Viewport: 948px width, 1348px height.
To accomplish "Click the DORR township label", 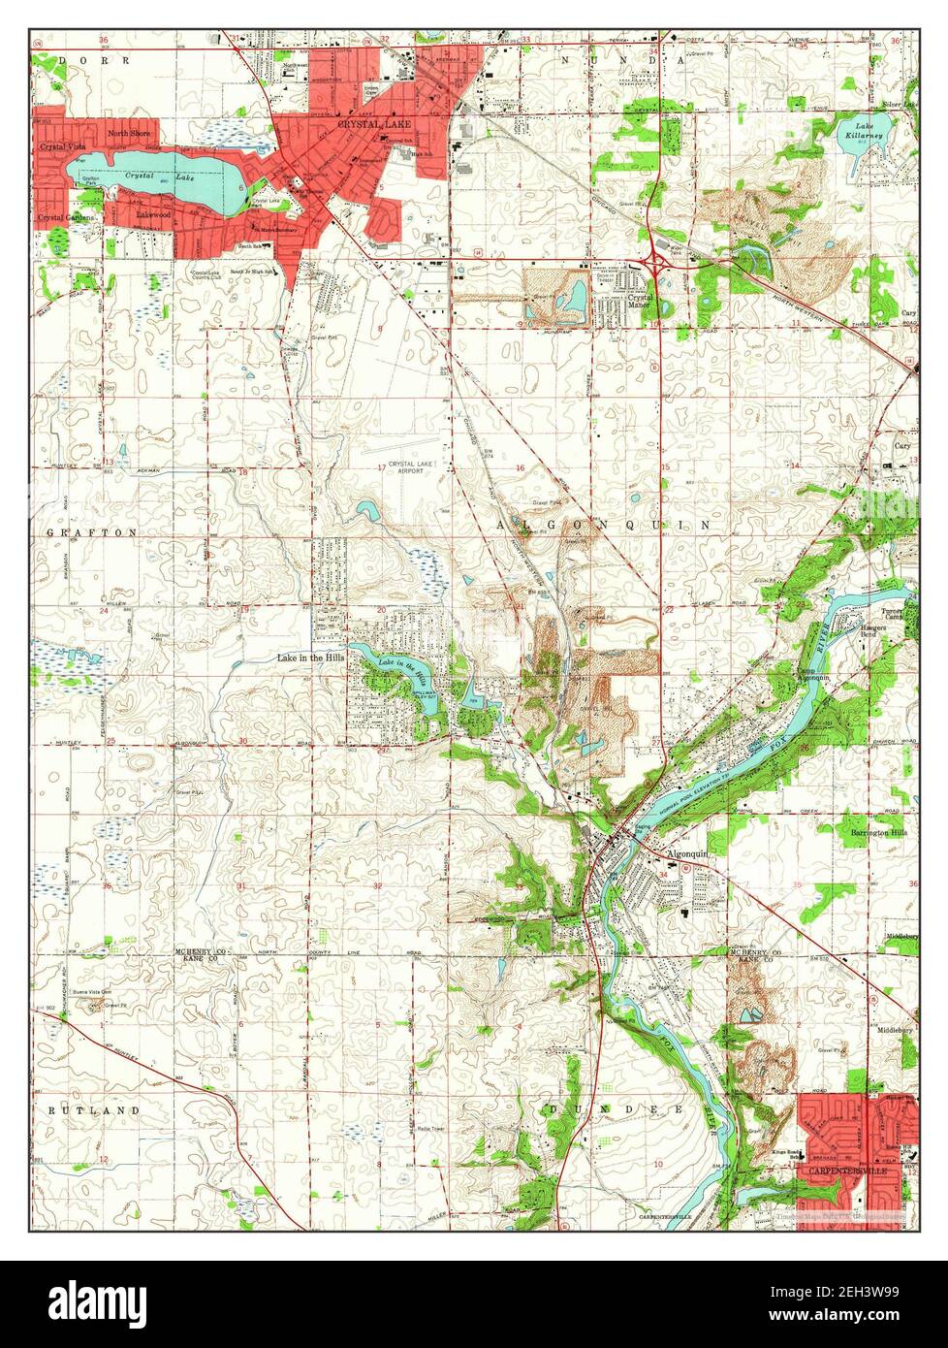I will point(81,60).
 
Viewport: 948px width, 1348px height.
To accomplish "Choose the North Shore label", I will point(130,134).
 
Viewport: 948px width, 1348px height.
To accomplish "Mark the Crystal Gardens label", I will point(66,218).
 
